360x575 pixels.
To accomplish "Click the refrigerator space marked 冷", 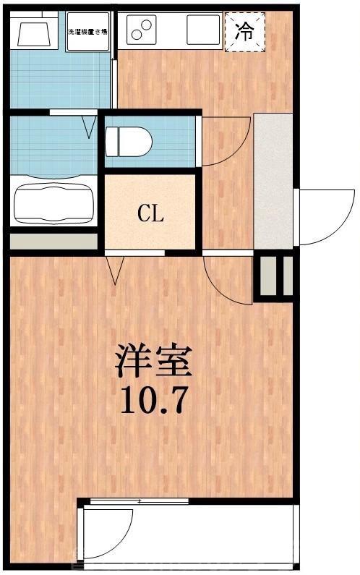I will [244, 32].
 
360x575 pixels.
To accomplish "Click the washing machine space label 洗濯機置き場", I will [88, 32].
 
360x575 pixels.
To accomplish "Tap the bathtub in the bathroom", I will [53, 202].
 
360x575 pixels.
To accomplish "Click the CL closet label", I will [151, 213].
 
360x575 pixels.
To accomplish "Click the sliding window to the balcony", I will [137, 501].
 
